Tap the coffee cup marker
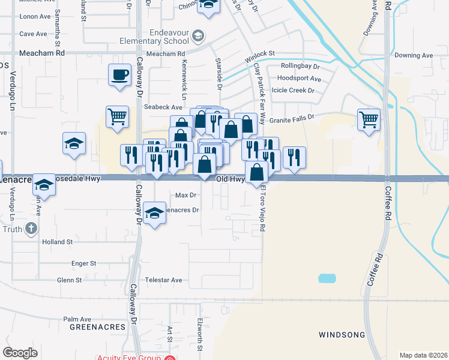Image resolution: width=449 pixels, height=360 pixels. (119, 76)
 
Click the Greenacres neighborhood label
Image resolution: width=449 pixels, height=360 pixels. (97, 327)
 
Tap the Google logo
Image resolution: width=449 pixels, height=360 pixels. (20, 353)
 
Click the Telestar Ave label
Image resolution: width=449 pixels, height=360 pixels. (163, 280)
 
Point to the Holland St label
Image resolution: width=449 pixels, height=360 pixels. (57, 242)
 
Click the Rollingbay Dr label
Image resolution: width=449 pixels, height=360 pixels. (302, 67)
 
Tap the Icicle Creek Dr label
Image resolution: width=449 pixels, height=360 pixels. (294, 91)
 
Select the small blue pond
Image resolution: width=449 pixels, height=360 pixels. (327, 278)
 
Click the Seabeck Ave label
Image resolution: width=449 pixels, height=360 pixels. (163, 107)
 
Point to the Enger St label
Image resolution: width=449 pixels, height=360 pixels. (83, 263)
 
